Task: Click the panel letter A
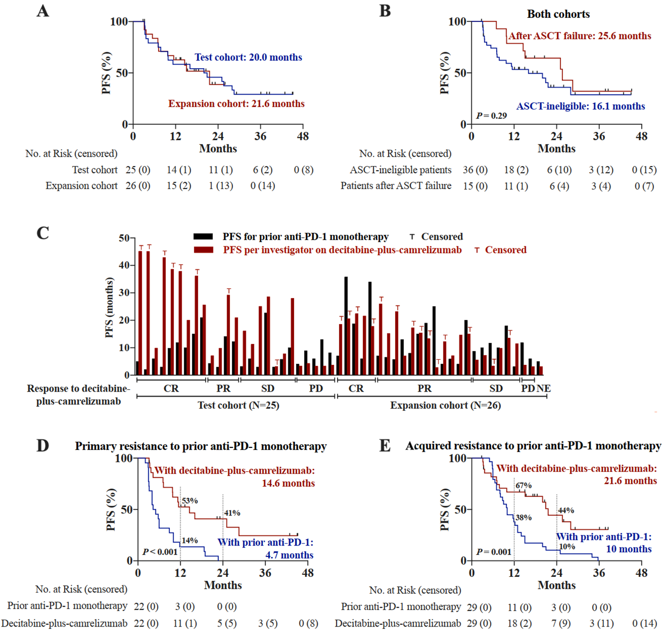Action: (x=43, y=11)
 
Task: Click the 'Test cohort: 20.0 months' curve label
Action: (x=248, y=57)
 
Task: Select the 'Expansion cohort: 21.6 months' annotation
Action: (x=236, y=104)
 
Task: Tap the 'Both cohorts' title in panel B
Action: (x=558, y=14)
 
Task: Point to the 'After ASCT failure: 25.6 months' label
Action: (x=579, y=36)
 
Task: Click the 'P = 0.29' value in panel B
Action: (x=491, y=116)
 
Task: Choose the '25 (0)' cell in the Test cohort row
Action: (x=138, y=170)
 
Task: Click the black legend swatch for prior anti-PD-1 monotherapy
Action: (x=203, y=237)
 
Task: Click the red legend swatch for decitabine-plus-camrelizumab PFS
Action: (x=203, y=250)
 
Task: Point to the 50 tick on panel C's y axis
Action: (x=124, y=238)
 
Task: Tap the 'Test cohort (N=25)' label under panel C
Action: (x=238, y=406)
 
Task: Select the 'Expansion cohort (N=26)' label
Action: (x=445, y=406)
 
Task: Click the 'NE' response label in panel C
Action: (x=544, y=389)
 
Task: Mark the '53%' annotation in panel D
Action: (x=190, y=501)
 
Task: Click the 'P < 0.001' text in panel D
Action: (x=160, y=552)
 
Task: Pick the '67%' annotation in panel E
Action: (x=524, y=486)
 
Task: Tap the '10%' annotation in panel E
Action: (x=567, y=547)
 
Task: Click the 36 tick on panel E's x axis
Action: (x=599, y=573)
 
